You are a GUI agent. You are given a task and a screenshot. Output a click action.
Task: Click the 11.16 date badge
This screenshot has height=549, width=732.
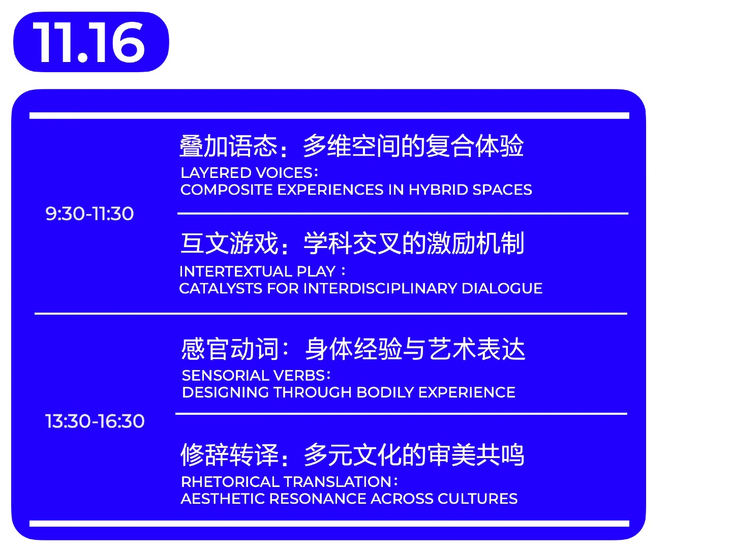pyautogui.click(x=91, y=42)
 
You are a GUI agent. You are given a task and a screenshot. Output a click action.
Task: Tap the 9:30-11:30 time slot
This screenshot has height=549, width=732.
pyautogui.click(x=89, y=213)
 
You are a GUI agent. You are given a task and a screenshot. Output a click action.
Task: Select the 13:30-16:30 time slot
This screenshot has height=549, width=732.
pyautogui.click(x=95, y=421)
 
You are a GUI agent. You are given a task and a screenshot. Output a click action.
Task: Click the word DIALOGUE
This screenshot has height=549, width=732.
pyautogui.click(x=502, y=289)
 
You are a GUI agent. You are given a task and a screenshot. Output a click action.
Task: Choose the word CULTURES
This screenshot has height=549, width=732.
pyautogui.click(x=477, y=499)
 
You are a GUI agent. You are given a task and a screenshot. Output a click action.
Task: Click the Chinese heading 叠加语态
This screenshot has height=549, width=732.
pyautogui.click(x=228, y=146)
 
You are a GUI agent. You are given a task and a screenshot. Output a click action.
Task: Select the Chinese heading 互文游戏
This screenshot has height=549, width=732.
pyautogui.click(x=229, y=243)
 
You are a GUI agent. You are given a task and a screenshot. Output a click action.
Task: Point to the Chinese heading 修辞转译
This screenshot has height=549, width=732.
pyautogui.click(x=229, y=454)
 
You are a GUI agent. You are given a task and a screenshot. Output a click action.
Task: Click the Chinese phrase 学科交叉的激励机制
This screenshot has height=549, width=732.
pyautogui.click(x=414, y=243)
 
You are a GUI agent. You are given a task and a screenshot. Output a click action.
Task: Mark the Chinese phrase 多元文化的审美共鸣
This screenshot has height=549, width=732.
pyautogui.click(x=414, y=454)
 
